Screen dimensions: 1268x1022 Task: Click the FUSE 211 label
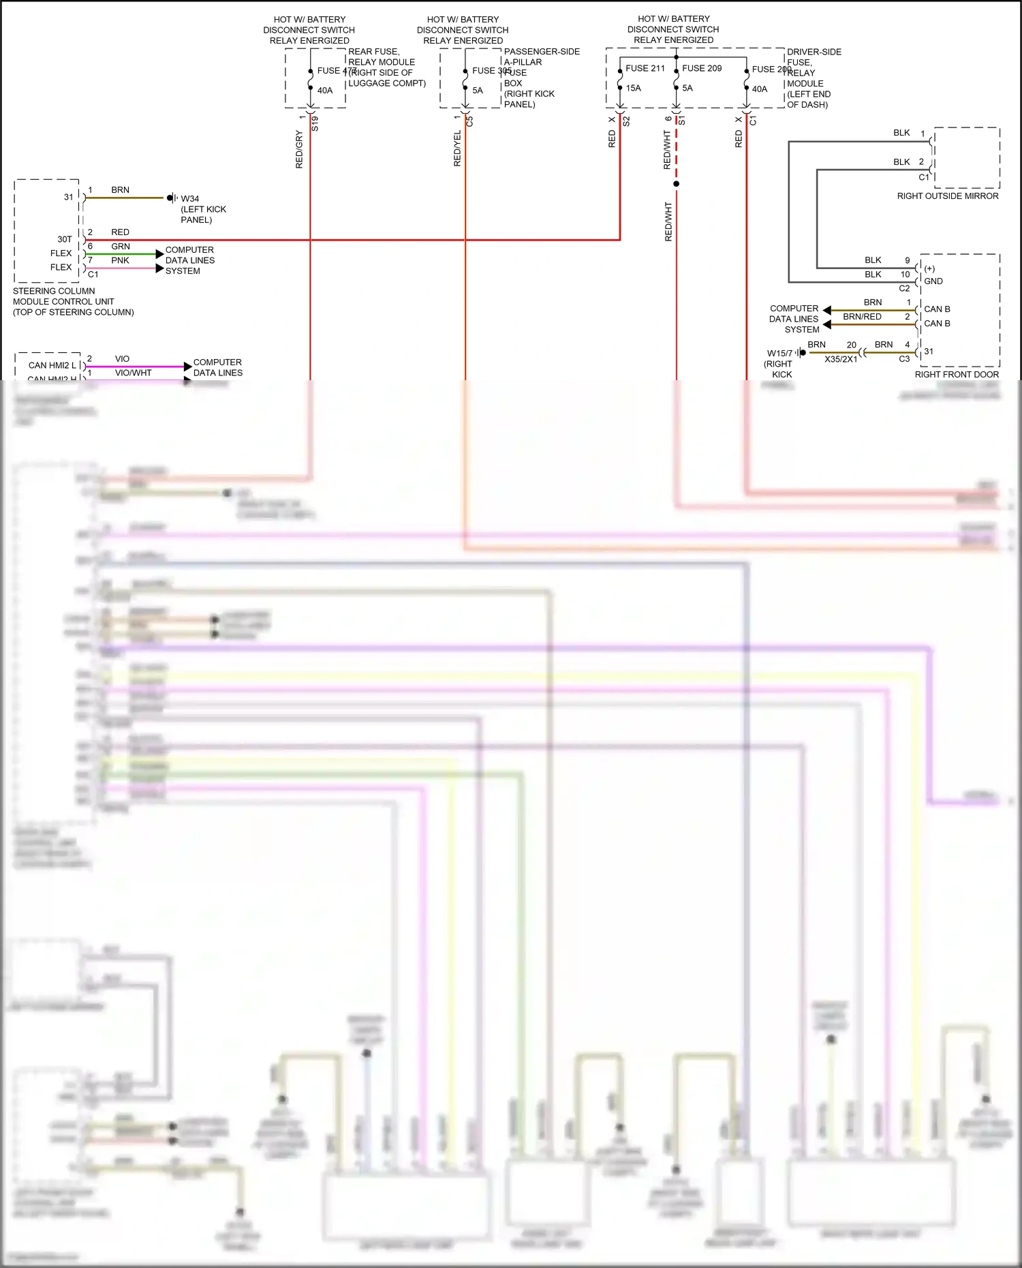click(645, 68)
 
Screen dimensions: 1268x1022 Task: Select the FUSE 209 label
click(701, 68)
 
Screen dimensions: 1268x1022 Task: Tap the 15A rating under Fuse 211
click(633, 88)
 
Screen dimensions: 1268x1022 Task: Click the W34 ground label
click(190, 199)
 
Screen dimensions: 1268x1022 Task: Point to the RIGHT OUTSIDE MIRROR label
click(947, 196)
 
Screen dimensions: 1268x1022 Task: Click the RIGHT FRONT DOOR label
click(956, 374)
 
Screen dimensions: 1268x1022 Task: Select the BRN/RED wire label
click(862, 316)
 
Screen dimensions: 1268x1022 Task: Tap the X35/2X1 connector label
click(841, 359)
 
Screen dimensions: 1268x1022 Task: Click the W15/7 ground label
click(779, 353)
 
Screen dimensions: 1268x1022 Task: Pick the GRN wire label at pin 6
click(121, 247)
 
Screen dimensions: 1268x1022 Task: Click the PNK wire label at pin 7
click(120, 260)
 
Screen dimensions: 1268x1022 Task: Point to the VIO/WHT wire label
click(133, 373)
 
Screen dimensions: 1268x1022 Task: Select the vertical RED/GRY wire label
click(299, 149)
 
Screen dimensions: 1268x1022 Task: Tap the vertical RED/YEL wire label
click(457, 149)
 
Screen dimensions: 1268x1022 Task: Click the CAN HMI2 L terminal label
click(52, 365)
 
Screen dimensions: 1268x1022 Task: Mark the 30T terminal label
click(65, 239)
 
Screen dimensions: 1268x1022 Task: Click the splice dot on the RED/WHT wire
click(676, 184)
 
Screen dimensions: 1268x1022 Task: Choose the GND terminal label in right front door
click(933, 281)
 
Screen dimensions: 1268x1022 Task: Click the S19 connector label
click(315, 123)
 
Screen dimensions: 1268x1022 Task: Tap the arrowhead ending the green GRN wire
click(159, 254)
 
